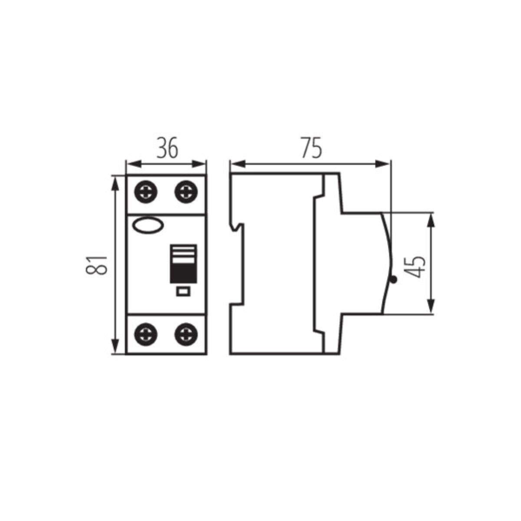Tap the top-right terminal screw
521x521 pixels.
point(185,191)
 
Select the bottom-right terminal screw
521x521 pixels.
point(185,334)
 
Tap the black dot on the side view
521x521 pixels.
point(393,280)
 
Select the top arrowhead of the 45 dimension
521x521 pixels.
point(430,219)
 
